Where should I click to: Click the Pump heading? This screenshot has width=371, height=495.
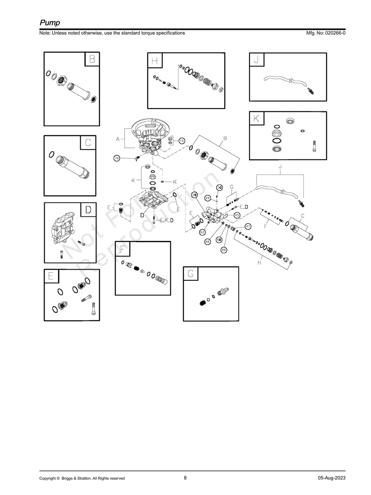tap(50, 23)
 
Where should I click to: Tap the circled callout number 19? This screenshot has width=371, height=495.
tap(182, 141)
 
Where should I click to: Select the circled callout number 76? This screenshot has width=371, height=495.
tap(117, 158)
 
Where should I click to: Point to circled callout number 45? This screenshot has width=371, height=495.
tap(237, 215)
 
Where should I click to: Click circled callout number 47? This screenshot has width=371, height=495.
tap(248, 226)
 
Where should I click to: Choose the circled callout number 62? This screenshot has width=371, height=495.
tap(202, 232)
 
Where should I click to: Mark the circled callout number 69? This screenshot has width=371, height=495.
tap(224, 250)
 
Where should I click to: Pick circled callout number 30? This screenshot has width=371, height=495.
tap(219, 187)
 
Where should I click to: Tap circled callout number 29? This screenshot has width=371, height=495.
tap(208, 198)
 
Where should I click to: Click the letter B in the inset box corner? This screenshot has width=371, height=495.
tap(93, 59)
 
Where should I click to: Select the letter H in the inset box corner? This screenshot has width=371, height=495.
tap(154, 60)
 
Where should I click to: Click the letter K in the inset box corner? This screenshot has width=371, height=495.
tap(256, 118)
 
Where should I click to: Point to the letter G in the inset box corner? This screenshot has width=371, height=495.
tap(190, 274)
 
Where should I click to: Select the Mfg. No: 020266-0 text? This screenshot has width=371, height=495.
tap(326, 33)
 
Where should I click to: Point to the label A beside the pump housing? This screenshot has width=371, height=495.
tap(118, 139)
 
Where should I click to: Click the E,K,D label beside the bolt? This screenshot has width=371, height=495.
tap(167, 220)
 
